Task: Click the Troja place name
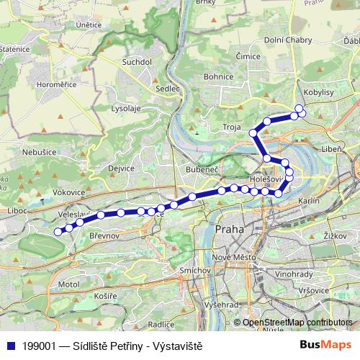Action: [232, 127]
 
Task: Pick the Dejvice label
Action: [121, 168]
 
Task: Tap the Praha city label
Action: [230, 229]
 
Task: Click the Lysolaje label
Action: [125, 108]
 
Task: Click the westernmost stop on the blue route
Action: [58, 231]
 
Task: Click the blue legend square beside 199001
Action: [10, 346]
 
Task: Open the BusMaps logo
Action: [324, 346]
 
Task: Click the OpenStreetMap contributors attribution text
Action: [297, 323]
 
